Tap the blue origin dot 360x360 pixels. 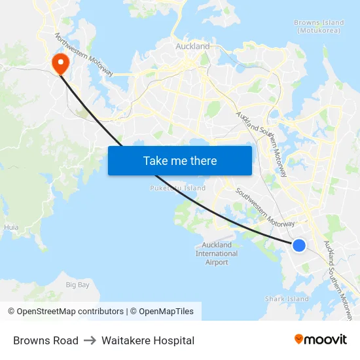(298, 245)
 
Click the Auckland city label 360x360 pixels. (192, 46)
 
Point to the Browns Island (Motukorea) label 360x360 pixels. (316, 26)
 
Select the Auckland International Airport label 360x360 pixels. (217, 254)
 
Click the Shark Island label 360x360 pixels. (287, 299)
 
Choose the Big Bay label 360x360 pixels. (77, 285)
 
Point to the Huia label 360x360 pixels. (11, 228)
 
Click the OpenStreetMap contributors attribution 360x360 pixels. (65, 312)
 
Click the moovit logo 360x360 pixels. (320, 340)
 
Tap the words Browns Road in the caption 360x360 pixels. (46, 340)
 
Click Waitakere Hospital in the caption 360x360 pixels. (148, 340)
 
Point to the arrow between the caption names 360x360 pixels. (90, 340)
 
